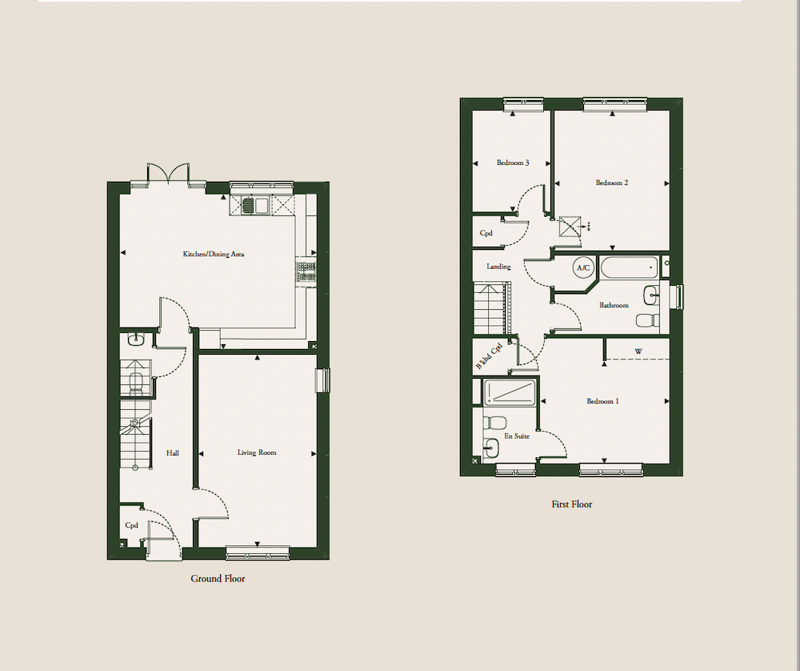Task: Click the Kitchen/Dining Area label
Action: [214, 254]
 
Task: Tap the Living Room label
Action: [257, 452]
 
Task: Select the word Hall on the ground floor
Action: [173, 453]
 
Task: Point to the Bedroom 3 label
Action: [513, 163]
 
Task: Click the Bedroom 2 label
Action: [612, 183]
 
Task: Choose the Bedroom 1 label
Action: [602, 401]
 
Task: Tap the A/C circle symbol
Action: [583, 267]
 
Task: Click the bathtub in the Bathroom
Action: [629, 267]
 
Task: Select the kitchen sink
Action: [255, 205]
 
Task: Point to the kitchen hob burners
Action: [306, 271]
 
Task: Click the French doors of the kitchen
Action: [168, 174]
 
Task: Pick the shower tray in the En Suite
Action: [509, 392]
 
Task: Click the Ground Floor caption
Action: [218, 579]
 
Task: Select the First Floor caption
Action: [571, 504]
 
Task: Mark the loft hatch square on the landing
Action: [570, 227]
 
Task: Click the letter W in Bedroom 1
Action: [638, 352]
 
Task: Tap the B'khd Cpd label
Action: [490, 356]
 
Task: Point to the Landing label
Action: [498, 267]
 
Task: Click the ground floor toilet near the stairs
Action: [137, 384]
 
